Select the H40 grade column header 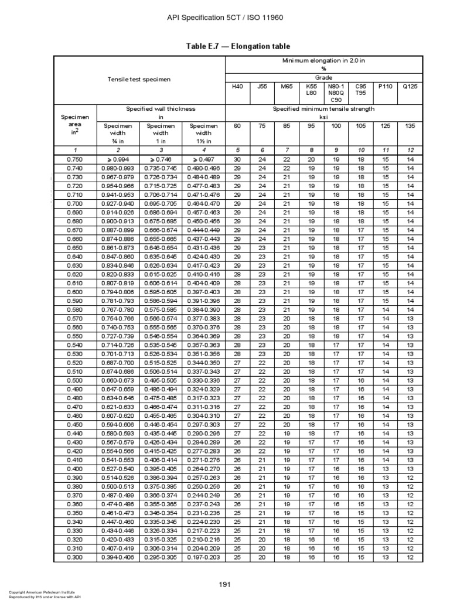pyautogui.click(x=237, y=86)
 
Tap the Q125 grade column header pyautogui.click(x=410, y=86)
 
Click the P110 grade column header pyautogui.click(x=385, y=86)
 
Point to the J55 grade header pyautogui.click(x=262, y=86)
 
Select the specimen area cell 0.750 pyautogui.click(x=74, y=159)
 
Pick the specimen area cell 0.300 pyautogui.click(x=74, y=557)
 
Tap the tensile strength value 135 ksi pyautogui.click(x=410, y=126)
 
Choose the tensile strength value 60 pyautogui.click(x=237, y=126)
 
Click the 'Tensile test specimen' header pyautogui.click(x=139, y=79)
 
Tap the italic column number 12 pyautogui.click(x=410, y=150)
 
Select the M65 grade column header pyautogui.click(x=287, y=86)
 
